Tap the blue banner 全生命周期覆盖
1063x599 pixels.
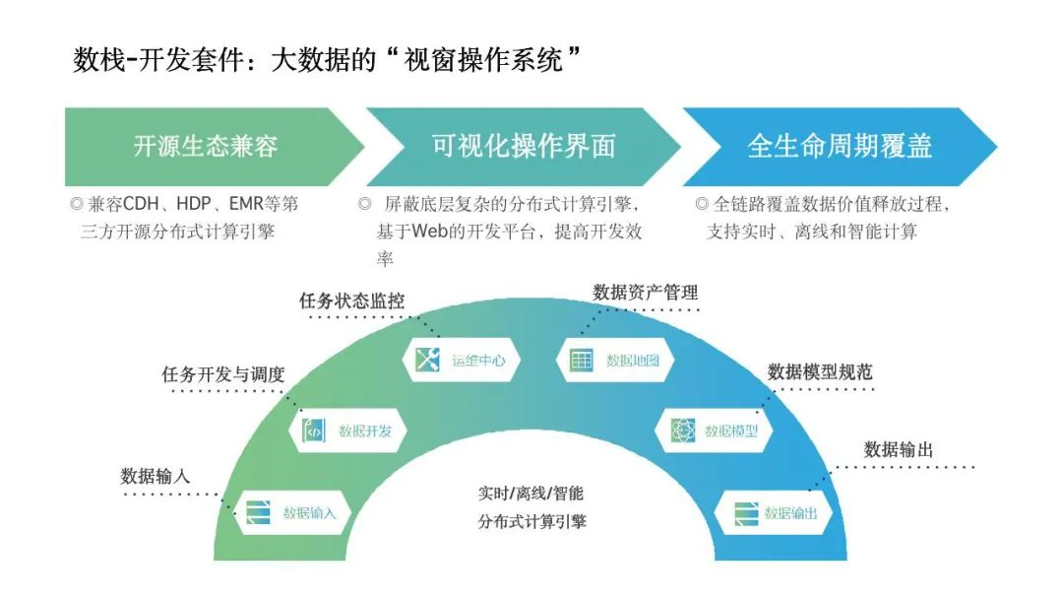point(840,147)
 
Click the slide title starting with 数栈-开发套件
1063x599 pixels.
point(327,60)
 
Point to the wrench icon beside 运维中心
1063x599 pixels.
point(428,359)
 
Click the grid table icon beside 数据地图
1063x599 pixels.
point(581,360)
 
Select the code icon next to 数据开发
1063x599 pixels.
point(313,431)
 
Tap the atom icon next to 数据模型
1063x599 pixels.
point(683,431)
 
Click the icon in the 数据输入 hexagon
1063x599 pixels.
point(258,512)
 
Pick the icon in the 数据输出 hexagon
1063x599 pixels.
point(746,513)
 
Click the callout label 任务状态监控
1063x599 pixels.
point(351,300)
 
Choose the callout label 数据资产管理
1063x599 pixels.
point(646,293)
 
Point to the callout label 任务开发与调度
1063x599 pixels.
point(223,373)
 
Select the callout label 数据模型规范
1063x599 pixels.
point(820,371)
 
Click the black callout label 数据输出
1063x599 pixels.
point(899,449)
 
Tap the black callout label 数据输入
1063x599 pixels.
point(156,476)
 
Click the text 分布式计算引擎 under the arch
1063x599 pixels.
point(532,522)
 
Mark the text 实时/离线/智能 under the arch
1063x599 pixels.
point(531,494)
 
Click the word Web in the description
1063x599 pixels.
point(429,232)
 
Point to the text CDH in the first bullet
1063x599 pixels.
point(141,204)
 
